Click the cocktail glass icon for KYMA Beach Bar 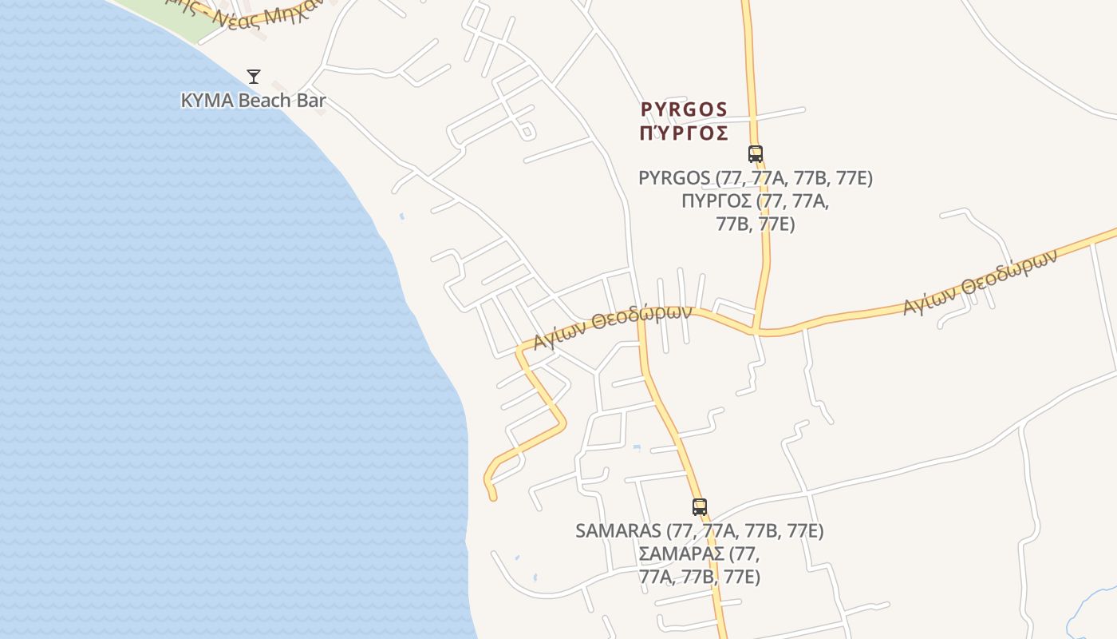point(254,77)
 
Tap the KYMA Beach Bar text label point(254,101)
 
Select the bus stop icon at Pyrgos point(755,153)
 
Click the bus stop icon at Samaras point(700,506)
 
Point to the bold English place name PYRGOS point(684,109)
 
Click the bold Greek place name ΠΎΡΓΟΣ point(684,133)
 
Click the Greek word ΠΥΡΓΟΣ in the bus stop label point(716,200)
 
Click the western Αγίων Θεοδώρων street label point(612,325)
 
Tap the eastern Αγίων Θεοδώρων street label point(980,281)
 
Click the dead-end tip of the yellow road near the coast point(493,497)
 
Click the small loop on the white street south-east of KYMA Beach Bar point(527,131)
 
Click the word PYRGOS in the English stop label point(673,178)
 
